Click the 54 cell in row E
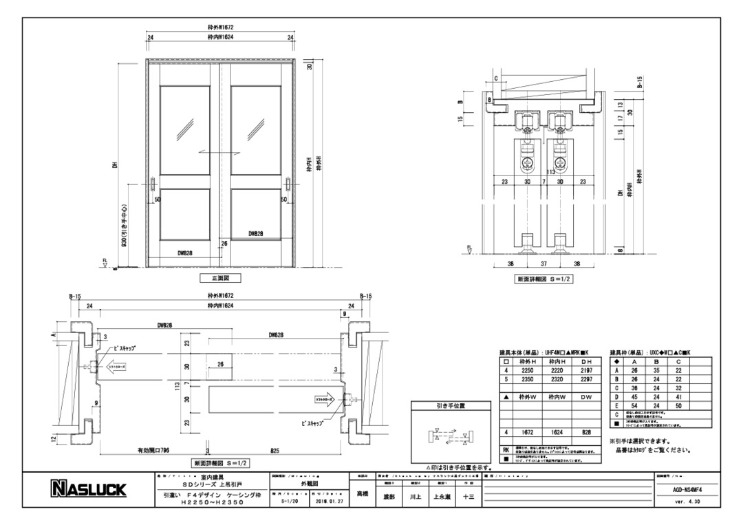634,407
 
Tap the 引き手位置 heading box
451,407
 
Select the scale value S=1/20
292,502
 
